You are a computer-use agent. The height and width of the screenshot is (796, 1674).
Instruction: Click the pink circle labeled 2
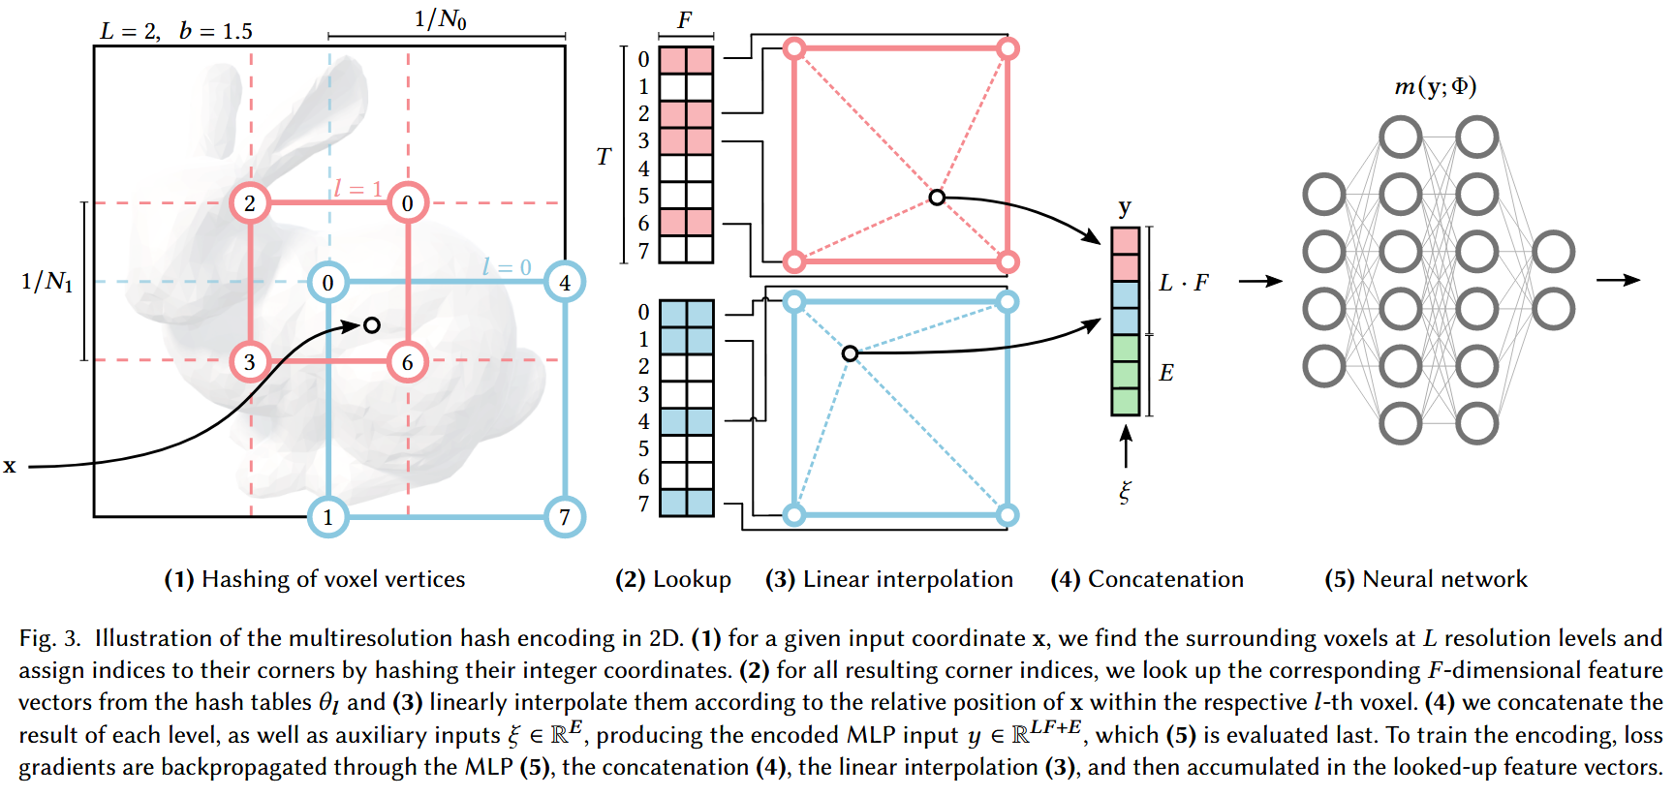pyautogui.click(x=250, y=203)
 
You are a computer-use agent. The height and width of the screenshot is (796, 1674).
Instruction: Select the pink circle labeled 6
pyautogui.click(x=407, y=362)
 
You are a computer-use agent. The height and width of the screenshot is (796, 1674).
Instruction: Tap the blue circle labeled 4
pyautogui.click(x=565, y=283)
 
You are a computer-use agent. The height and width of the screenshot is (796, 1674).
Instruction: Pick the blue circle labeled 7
pyautogui.click(x=565, y=517)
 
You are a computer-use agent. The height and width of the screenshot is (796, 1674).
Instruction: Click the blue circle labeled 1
pyautogui.click(x=327, y=517)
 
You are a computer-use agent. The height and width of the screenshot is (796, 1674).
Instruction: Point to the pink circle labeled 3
pyautogui.click(x=250, y=362)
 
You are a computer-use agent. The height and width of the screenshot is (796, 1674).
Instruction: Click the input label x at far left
pyautogui.click(x=10, y=466)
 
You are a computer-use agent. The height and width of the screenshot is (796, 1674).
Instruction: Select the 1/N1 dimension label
pyautogui.click(x=46, y=282)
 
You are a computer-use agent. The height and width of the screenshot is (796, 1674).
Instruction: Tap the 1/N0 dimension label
pyautogui.click(x=441, y=18)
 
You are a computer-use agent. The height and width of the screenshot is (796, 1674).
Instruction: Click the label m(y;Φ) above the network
pyautogui.click(x=1435, y=87)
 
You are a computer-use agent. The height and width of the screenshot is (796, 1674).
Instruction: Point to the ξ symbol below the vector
pyautogui.click(x=1125, y=492)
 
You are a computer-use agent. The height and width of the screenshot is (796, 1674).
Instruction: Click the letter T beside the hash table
pyautogui.click(x=604, y=157)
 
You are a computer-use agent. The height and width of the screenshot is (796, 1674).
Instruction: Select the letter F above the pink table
pyautogui.click(x=685, y=20)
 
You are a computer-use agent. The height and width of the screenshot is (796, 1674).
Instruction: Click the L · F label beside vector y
pyautogui.click(x=1184, y=283)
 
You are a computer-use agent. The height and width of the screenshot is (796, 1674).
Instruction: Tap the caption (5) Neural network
pyautogui.click(x=1426, y=579)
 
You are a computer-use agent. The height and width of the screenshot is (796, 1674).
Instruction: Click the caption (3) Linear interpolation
pyautogui.click(x=889, y=579)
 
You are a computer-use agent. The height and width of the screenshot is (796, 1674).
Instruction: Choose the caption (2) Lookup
pyautogui.click(x=673, y=579)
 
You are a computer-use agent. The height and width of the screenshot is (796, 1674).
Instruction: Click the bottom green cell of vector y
pyautogui.click(x=1125, y=401)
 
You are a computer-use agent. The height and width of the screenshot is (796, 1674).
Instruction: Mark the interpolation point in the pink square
pyautogui.click(x=936, y=198)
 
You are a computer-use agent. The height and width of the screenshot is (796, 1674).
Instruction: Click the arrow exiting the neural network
pyautogui.click(x=1618, y=280)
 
